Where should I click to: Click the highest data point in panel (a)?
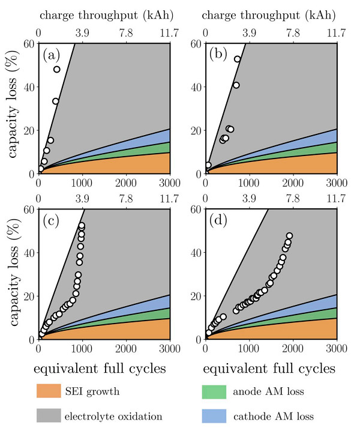(57, 69)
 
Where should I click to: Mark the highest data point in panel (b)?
(237, 59)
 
